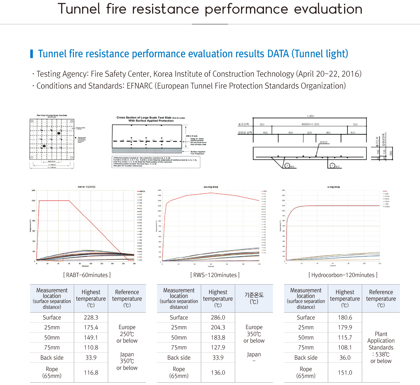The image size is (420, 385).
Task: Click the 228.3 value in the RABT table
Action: pyautogui.click(x=91, y=317)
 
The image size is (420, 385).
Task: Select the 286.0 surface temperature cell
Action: pyautogui.click(x=218, y=317)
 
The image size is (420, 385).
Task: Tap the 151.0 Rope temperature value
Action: pyautogui.click(x=345, y=373)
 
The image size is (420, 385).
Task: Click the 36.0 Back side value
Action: pyautogui.click(x=345, y=358)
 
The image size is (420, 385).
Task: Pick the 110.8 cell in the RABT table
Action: pyautogui.click(x=91, y=347)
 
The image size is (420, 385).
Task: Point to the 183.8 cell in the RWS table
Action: pyautogui.click(x=218, y=337)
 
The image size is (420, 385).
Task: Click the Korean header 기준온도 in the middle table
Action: pyautogui.click(x=254, y=295)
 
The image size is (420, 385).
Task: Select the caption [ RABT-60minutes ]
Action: pyautogui.click(x=87, y=275)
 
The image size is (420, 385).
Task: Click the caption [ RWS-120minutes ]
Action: pyautogui.click(x=215, y=275)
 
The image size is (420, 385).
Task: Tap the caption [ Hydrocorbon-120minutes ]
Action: pyautogui.click(x=343, y=275)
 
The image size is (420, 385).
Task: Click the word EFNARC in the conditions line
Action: pyautogui.click(x=140, y=86)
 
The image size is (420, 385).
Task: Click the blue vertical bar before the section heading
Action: pyautogui.click(x=31, y=54)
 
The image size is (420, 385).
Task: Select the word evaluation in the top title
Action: pyautogui.click(x=328, y=9)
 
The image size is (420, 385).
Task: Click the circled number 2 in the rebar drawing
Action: pyautogui.click(x=287, y=166)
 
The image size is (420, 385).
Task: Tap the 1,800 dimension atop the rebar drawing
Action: pyautogui.click(x=310, y=116)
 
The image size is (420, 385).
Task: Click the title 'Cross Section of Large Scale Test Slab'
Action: pyautogui.click(x=144, y=118)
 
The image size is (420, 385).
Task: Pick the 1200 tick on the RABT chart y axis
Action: pyautogui.click(x=33, y=201)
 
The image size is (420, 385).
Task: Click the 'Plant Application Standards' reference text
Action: pyautogui.click(x=381, y=341)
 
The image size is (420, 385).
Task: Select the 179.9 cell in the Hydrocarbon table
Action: pyautogui.click(x=345, y=327)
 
